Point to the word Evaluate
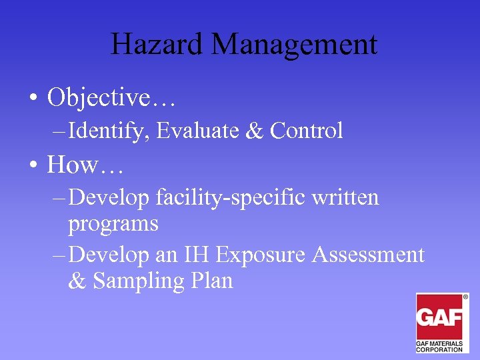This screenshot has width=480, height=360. pyautogui.click(x=198, y=131)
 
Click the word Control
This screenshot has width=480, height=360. pyautogui.click(x=307, y=131)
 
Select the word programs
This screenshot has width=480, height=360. pyautogui.click(x=113, y=224)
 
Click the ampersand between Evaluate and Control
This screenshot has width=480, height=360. pyautogui.click(x=254, y=131)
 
